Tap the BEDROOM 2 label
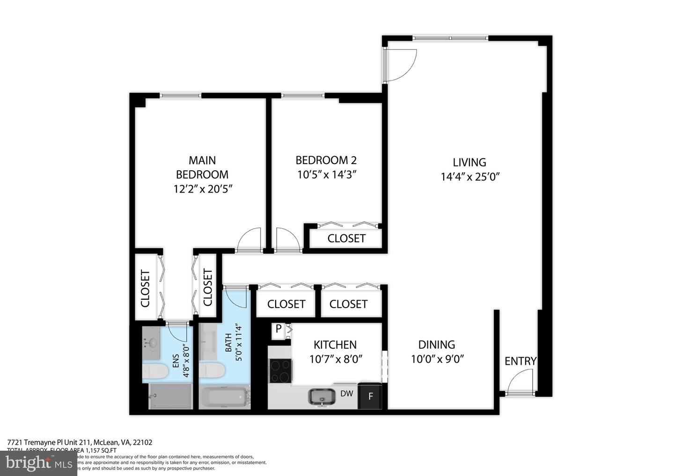(326, 160)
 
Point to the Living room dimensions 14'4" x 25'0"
(469, 177)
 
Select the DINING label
(436, 345)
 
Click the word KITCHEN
(335, 345)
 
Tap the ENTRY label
(520, 361)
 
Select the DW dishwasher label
(346, 394)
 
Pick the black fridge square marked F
(370, 397)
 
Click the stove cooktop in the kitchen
(279, 370)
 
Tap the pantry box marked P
(278, 329)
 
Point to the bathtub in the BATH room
(225, 398)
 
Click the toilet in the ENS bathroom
(155, 372)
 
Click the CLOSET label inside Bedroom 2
(346, 238)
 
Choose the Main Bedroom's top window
(181, 96)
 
